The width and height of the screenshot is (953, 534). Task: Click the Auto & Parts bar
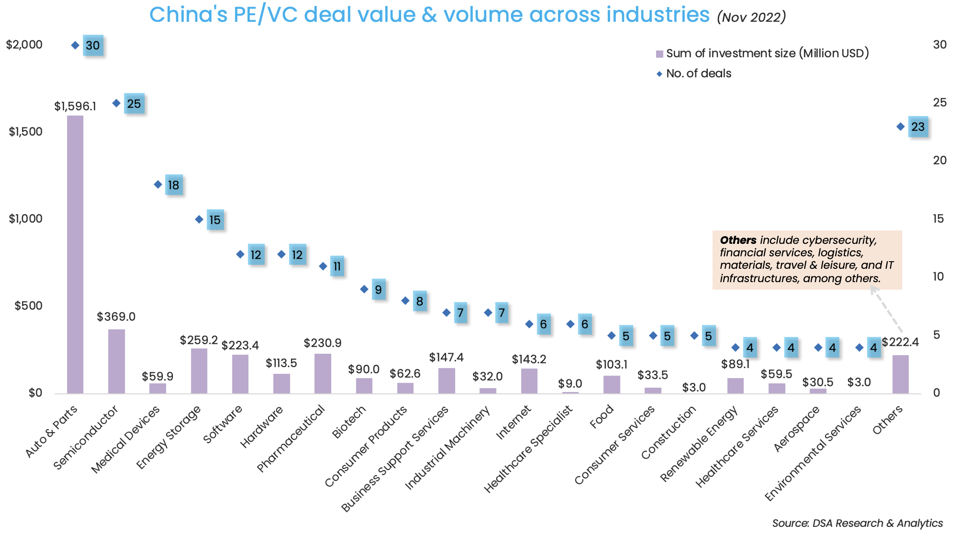(75, 254)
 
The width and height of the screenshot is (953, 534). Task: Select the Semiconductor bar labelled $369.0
(116, 361)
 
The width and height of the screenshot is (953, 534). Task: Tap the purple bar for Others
(900, 374)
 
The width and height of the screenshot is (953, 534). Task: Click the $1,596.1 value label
(75, 106)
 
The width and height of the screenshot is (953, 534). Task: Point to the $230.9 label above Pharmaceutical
(322, 343)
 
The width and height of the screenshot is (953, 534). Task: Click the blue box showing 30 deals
(93, 45)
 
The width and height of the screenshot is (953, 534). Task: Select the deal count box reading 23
(918, 127)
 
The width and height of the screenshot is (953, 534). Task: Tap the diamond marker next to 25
(116, 103)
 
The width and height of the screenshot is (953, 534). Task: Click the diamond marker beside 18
(158, 184)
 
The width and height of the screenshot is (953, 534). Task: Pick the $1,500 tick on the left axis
(25, 132)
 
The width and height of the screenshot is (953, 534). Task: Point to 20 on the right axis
(940, 160)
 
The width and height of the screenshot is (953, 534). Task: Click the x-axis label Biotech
(349, 422)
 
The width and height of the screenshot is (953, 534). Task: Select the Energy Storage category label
(168, 438)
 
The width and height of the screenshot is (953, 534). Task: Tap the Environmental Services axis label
(813, 454)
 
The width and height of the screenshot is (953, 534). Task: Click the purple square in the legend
(660, 54)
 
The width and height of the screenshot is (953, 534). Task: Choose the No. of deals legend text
(698, 73)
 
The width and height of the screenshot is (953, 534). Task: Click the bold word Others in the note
(738, 240)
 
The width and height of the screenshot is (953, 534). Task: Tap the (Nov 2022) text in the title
(751, 17)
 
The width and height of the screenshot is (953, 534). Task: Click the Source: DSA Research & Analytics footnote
(857, 523)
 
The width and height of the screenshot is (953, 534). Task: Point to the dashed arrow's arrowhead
(873, 289)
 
